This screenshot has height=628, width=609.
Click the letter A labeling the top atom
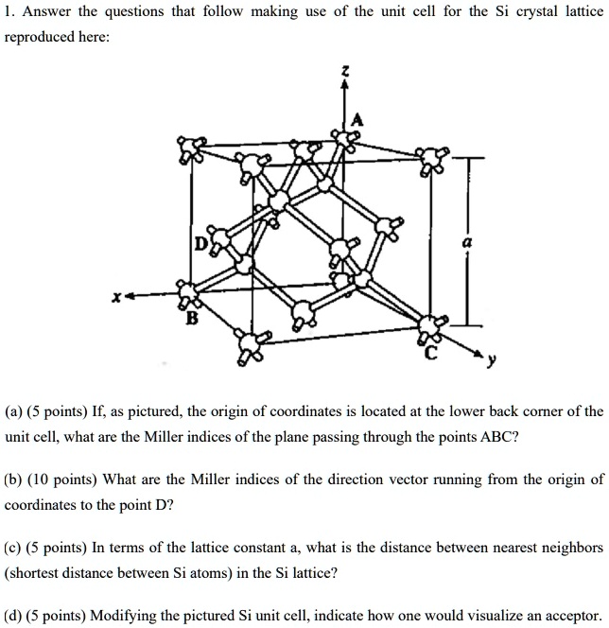[357, 118]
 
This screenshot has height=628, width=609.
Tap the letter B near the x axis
[192, 319]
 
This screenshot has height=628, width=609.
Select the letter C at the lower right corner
[431, 355]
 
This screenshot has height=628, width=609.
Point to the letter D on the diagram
[200, 245]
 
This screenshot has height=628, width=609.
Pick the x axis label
[116, 297]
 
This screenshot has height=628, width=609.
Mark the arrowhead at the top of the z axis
[344, 86]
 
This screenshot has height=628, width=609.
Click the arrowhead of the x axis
[132, 297]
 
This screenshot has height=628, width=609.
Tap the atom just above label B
[187, 292]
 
